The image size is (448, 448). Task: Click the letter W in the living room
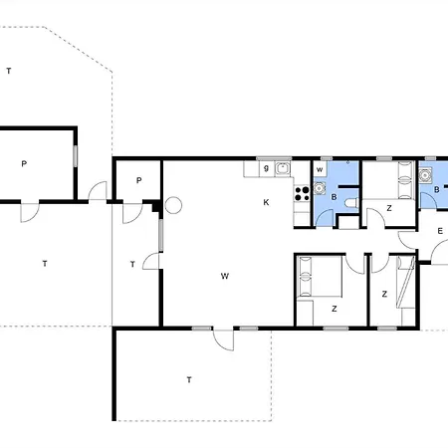225,276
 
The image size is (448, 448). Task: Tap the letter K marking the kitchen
266,202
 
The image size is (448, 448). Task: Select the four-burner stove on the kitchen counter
302,194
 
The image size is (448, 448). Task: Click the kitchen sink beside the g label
283,168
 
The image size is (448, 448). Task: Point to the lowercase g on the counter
266,168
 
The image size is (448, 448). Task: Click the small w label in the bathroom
320,170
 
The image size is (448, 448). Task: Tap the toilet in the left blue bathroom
351,202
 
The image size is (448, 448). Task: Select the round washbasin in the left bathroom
320,188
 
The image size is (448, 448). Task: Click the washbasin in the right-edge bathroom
425,175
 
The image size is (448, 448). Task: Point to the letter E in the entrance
440,231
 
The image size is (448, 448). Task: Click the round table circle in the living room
173,205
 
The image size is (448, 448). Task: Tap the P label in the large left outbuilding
24,163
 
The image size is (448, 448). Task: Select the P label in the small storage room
139,180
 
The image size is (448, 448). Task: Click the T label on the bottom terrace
189,379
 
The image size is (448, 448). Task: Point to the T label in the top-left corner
9,71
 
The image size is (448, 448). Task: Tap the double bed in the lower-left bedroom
321,277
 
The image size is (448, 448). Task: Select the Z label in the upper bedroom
389,208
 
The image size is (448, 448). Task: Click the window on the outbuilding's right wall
76,156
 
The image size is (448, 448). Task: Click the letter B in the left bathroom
334,197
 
